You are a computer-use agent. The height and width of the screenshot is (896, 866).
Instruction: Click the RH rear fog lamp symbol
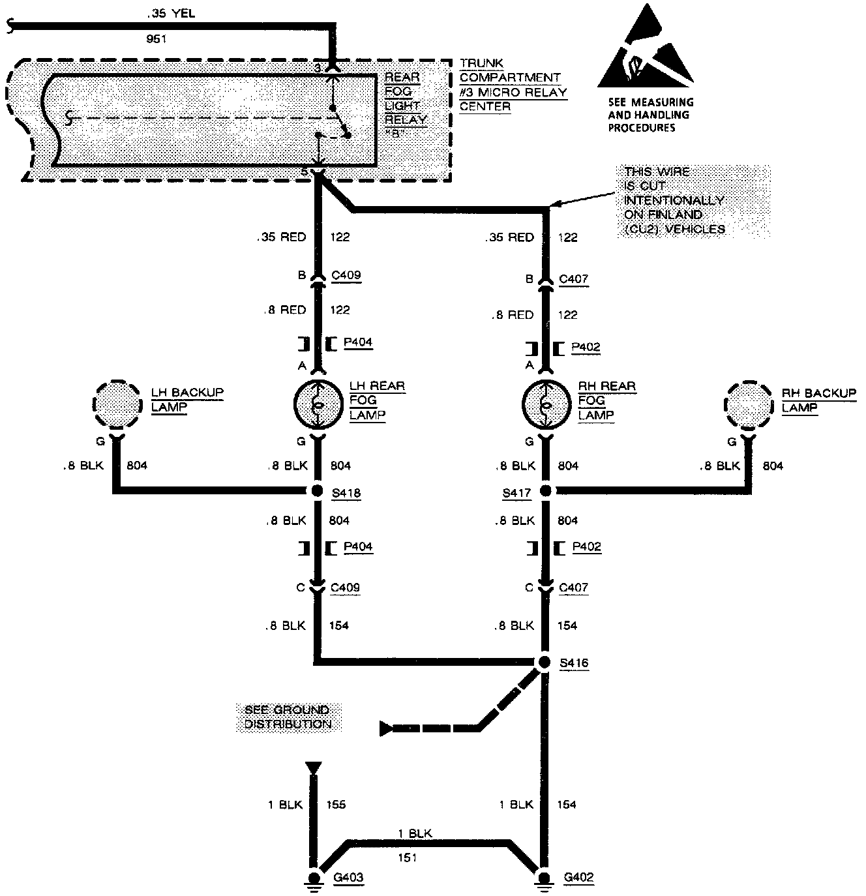click(546, 405)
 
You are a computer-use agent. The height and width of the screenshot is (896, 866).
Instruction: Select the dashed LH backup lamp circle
click(117, 405)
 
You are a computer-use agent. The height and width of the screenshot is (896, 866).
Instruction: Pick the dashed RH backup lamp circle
click(749, 405)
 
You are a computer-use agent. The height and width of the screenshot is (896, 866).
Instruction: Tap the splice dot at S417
click(546, 491)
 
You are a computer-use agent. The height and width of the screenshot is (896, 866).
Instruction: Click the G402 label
click(578, 877)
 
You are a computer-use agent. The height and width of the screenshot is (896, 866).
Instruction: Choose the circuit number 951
click(157, 39)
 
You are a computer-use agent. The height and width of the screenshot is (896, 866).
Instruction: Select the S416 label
click(574, 663)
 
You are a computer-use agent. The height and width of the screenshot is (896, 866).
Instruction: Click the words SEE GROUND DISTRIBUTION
click(288, 717)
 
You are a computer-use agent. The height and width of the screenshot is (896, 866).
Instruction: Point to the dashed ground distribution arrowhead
click(386, 728)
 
